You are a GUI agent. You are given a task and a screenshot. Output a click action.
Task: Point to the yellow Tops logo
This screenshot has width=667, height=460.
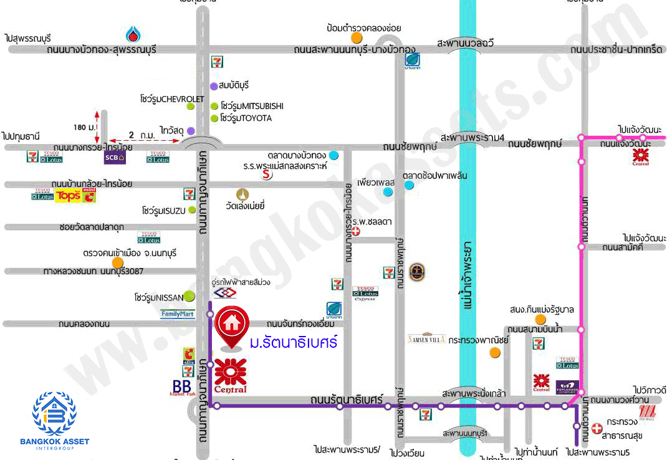68,196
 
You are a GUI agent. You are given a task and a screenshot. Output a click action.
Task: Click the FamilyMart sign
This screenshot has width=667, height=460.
178,314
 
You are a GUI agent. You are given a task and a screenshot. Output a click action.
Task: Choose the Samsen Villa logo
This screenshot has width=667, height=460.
426,338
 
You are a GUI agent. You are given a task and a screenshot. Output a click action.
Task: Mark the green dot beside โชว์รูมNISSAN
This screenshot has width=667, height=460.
188,297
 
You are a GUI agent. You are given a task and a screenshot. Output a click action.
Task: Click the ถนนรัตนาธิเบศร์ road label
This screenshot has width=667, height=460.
351,399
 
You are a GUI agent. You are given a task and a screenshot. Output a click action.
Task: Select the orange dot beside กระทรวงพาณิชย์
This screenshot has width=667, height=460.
495,353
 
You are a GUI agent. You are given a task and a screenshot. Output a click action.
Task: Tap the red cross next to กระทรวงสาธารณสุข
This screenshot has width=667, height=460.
597,428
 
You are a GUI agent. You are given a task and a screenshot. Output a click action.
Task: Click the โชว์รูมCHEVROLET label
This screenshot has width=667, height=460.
172,98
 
